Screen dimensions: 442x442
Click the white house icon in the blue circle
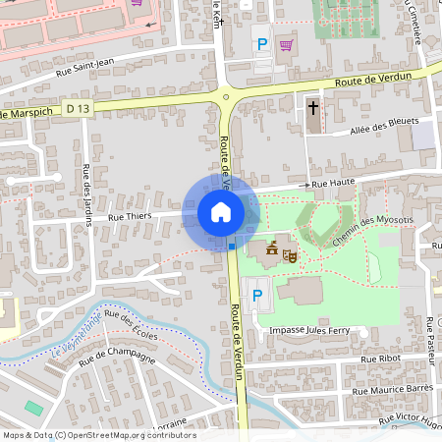tap(221, 212)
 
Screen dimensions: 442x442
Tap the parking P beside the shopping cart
tap(261, 43)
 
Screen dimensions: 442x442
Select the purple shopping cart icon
tap(286, 44)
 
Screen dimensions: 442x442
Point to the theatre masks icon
tap(290, 254)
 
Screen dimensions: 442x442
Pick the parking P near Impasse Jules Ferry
tap(257, 295)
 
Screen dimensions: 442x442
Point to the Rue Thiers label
tap(129, 216)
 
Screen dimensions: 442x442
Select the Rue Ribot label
tap(381, 359)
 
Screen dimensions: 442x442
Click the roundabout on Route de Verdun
tap(227, 95)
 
